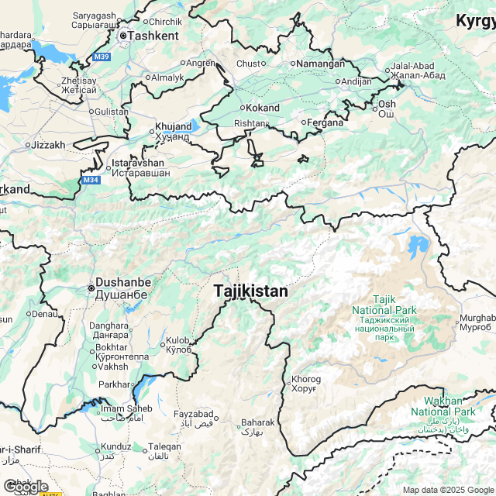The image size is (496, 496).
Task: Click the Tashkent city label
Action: [x=153, y=35]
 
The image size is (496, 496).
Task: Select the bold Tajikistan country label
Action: [x=250, y=291]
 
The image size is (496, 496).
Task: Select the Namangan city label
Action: [x=321, y=64]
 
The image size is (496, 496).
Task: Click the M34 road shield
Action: [x=91, y=181]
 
